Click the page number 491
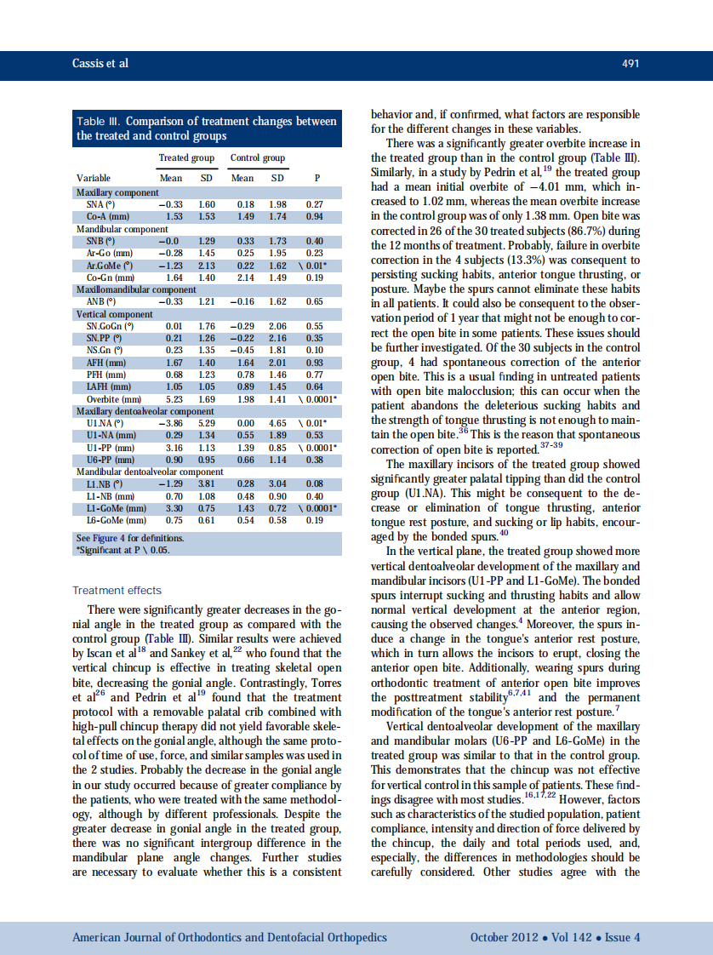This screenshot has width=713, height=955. click(x=630, y=65)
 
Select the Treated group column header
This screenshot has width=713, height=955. click(x=186, y=158)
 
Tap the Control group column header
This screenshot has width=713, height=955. click(x=258, y=158)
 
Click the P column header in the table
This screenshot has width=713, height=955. click(x=317, y=178)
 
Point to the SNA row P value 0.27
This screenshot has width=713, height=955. click(x=315, y=205)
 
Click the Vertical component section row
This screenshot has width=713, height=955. click(x=114, y=314)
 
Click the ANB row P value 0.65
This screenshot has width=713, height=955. click(x=315, y=302)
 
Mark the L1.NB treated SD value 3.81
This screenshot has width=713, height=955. click(x=207, y=483)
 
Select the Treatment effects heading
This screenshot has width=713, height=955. click(x=117, y=590)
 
